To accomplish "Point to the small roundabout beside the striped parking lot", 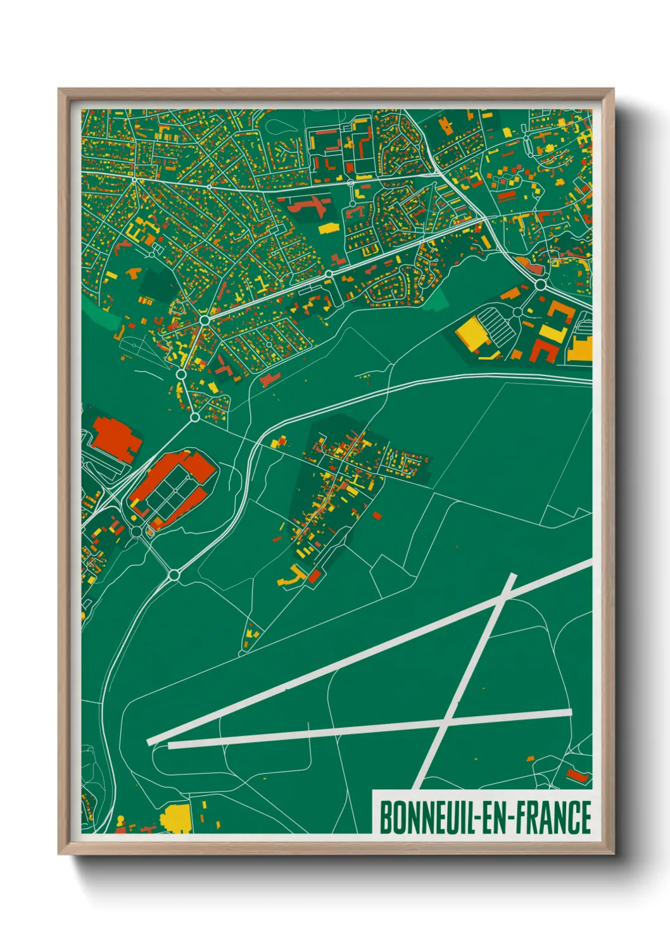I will pyautogui.click(x=517, y=312).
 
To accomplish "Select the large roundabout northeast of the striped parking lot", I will pyautogui.click(x=540, y=286).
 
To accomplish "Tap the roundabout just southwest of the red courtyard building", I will pyautogui.click(x=137, y=531).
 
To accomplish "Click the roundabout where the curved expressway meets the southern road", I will pyautogui.click(x=174, y=575).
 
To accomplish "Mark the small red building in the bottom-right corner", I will pyautogui.click(x=577, y=775).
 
